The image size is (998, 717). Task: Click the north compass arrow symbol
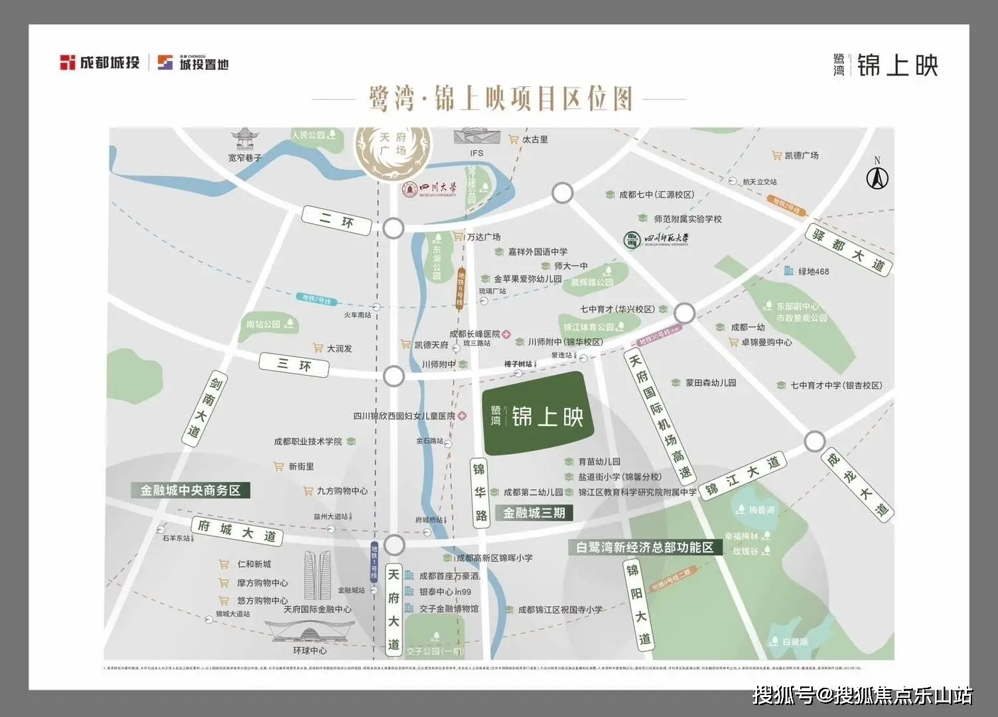877,177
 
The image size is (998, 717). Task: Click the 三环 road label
294,364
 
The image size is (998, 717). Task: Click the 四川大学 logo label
430,189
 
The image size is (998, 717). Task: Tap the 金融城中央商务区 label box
190,491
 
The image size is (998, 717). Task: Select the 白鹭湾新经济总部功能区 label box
644,547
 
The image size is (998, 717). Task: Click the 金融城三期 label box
534,513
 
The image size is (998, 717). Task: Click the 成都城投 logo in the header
100,63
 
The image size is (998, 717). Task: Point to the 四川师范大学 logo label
657,239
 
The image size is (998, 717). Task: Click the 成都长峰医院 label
474,334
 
